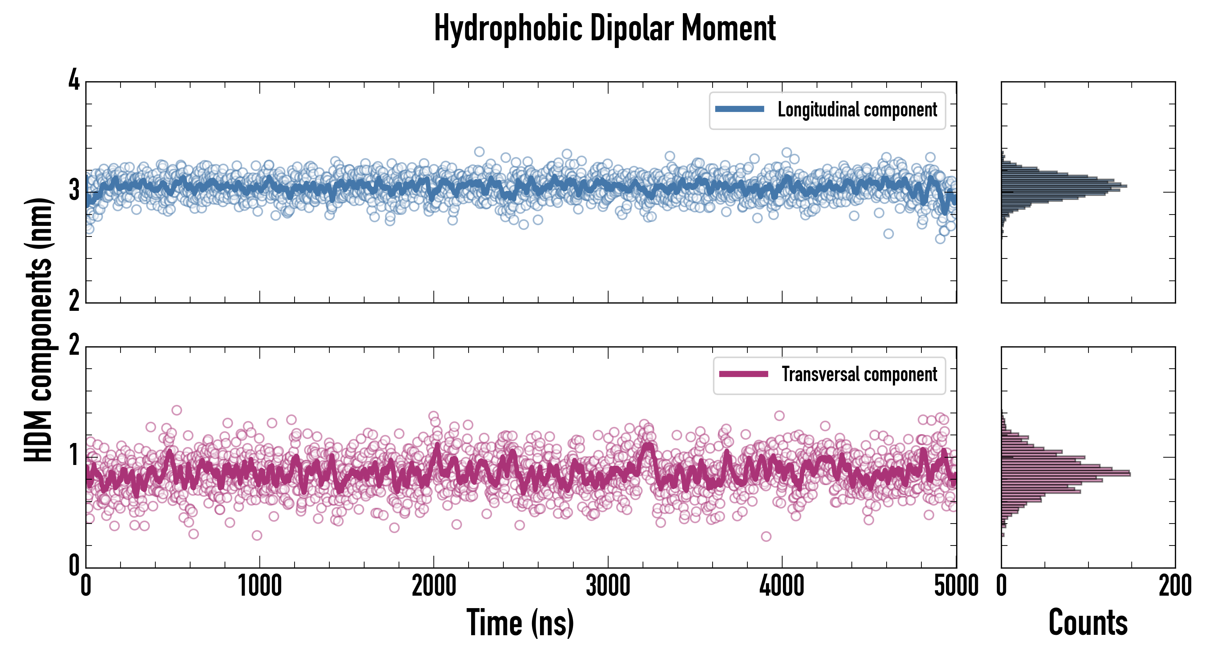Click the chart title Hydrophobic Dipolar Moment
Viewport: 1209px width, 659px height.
(x=604, y=28)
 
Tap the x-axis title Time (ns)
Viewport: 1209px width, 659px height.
(x=520, y=622)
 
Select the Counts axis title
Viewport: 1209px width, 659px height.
(x=1088, y=622)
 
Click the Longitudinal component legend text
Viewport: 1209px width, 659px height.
(x=857, y=110)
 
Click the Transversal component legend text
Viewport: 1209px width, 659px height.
(x=859, y=374)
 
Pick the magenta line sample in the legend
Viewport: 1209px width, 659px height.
(x=743, y=374)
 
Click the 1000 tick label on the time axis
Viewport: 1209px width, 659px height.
(x=259, y=586)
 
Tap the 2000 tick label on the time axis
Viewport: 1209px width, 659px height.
(x=434, y=586)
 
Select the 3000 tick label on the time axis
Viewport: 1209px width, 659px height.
(x=608, y=586)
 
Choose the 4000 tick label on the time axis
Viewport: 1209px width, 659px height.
(x=782, y=586)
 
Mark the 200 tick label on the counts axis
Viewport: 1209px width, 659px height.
(x=1175, y=586)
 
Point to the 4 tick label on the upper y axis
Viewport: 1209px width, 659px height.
(x=74, y=80)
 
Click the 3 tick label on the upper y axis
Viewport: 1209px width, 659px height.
(x=74, y=190)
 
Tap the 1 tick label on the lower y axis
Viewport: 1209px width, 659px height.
(x=74, y=455)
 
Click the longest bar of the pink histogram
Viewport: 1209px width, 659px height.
(x=1065, y=474)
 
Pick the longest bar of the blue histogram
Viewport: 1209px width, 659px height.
(x=1064, y=186)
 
